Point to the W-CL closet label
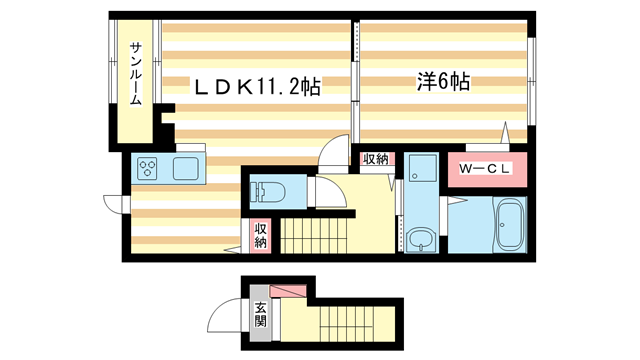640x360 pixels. [x=485, y=169]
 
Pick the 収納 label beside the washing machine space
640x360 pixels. [x=375, y=160]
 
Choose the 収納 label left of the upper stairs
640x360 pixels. [x=260, y=236]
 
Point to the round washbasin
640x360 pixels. [x=421, y=238]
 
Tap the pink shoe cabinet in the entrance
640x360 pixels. [x=289, y=292]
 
